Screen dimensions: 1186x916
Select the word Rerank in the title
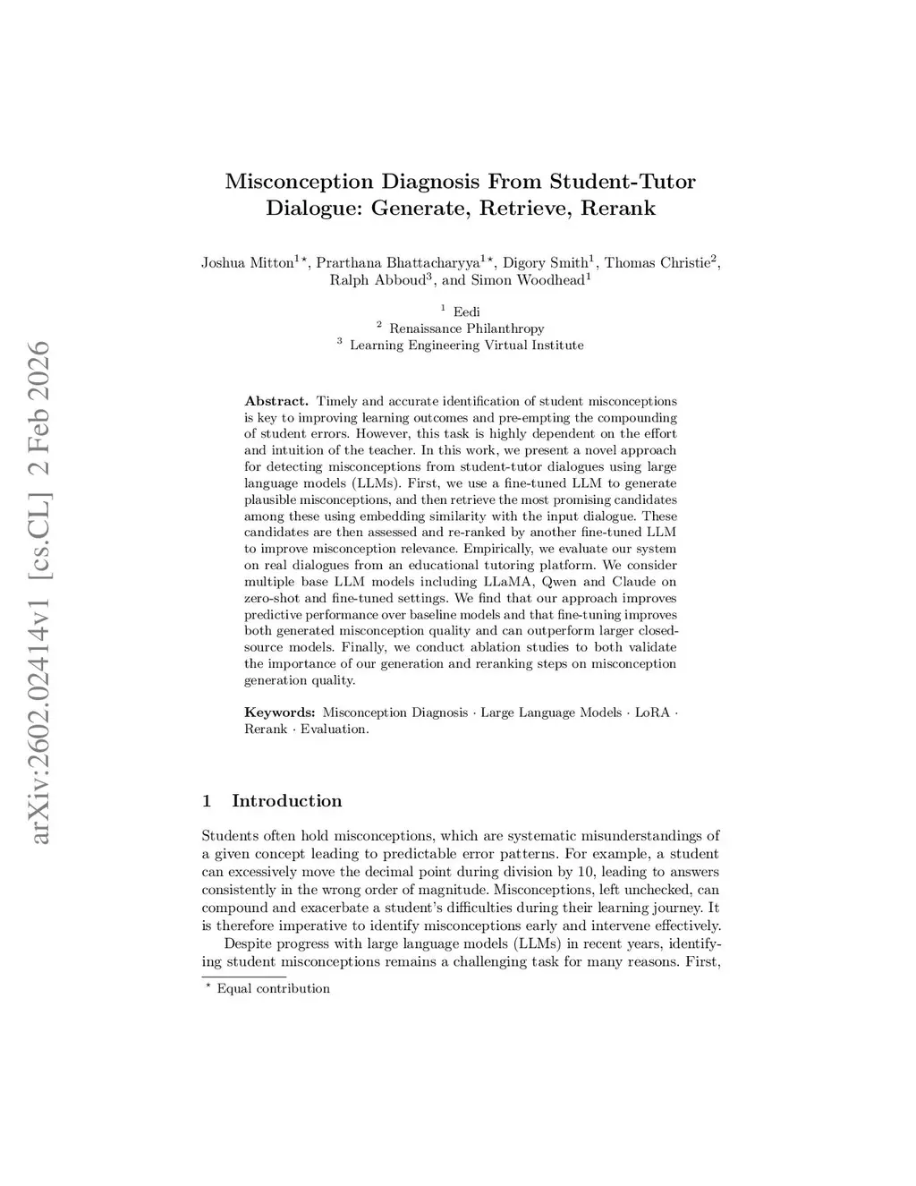pos(618,209)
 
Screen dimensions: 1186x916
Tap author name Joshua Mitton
pos(248,262)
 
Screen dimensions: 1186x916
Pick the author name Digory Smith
pos(545,262)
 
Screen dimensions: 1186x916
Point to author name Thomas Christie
pos(657,262)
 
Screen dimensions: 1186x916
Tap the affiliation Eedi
pos(467,311)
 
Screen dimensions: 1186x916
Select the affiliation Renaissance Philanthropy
pos(466,328)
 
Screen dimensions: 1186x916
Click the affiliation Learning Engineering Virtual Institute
pos(466,346)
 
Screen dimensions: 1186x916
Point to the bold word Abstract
pos(276,401)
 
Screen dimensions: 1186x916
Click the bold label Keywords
pos(279,712)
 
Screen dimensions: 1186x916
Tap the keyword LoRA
pos(651,712)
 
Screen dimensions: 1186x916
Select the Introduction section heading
pos(286,800)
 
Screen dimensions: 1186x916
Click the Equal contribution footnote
pos(273,988)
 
